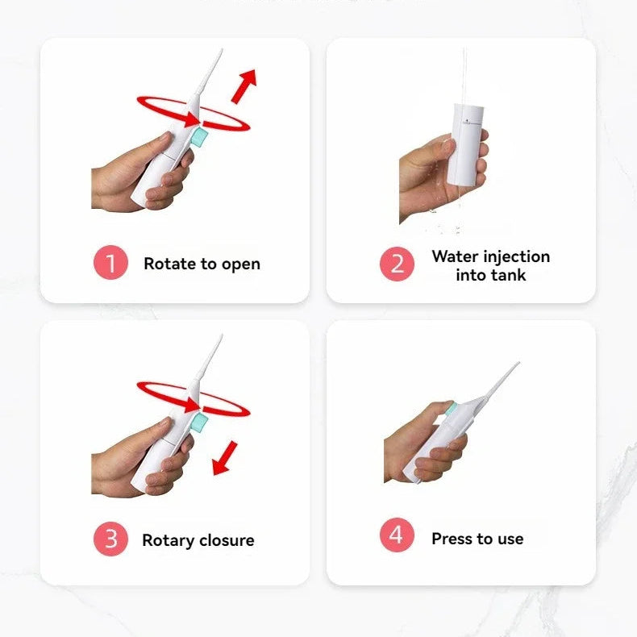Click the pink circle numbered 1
coord(111,262)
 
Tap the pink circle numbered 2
coord(397,264)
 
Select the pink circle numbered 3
coord(111,539)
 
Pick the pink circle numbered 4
coord(397,535)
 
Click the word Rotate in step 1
coord(170,264)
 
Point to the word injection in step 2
coord(516,256)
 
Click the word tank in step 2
coord(508,275)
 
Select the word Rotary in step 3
coord(169,541)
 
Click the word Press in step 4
coord(452,539)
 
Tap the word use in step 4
coord(510,539)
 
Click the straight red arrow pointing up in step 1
coord(244,85)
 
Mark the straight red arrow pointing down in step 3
coord(225,458)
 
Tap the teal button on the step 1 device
coord(199,137)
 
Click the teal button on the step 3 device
coord(199,423)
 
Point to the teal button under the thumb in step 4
coord(449,408)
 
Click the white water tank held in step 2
coord(465,144)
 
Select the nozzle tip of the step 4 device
coord(518,363)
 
